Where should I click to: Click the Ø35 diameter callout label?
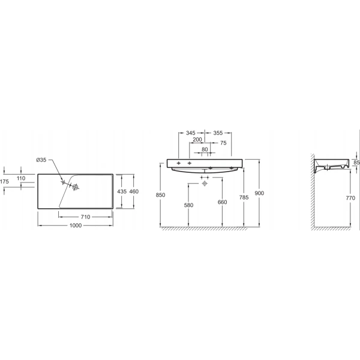click(x=41, y=160)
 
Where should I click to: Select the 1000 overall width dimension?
click(x=76, y=226)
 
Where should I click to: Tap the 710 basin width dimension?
click(x=85, y=217)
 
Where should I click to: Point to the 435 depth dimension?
click(x=122, y=191)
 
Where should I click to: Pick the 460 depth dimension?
click(x=134, y=191)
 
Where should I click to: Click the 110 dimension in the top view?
click(x=21, y=178)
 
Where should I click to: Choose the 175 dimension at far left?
click(x=4, y=182)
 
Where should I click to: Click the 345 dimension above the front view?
click(x=191, y=133)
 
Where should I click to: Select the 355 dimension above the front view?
click(x=218, y=133)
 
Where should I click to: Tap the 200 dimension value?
click(x=197, y=139)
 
